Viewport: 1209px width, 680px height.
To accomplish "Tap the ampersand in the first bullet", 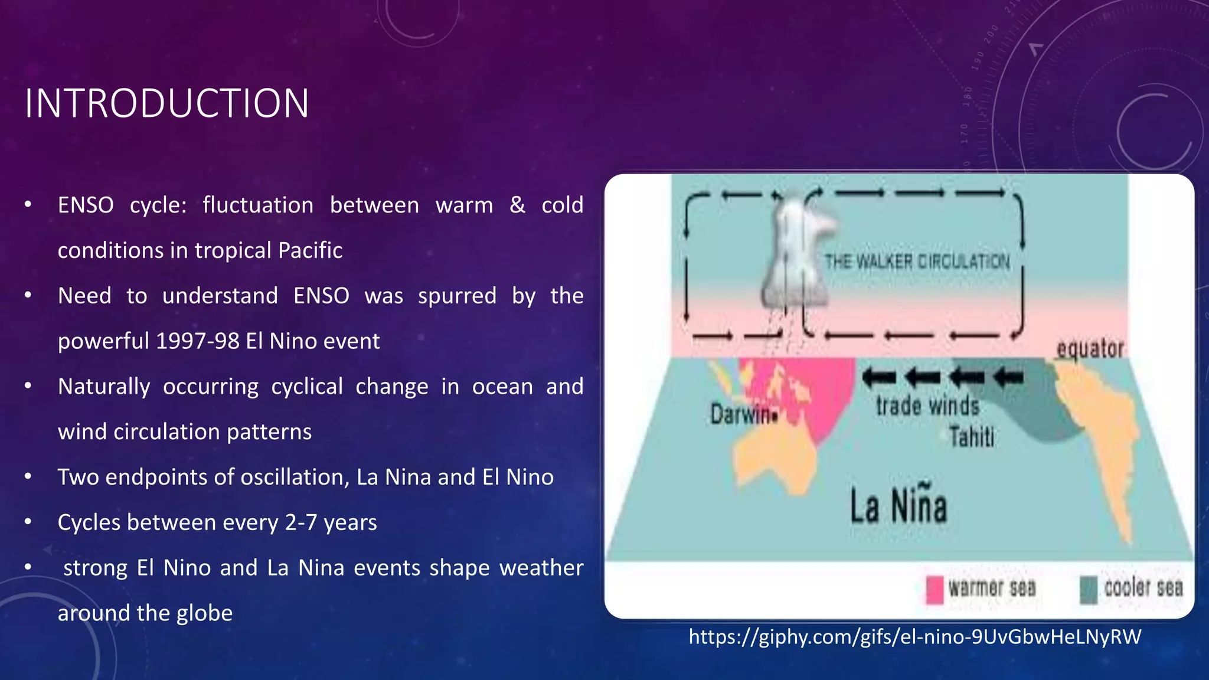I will pyautogui.click(x=517, y=205).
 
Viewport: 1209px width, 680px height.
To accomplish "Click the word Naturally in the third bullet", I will pyautogui.click(x=104, y=387).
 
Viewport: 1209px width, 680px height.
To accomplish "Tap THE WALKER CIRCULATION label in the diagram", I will pyautogui.click(x=917, y=261).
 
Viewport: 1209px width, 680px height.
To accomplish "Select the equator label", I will pyautogui.click(x=1090, y=349).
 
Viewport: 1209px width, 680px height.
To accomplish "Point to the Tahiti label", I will pyautogui.click(x=972, y=437).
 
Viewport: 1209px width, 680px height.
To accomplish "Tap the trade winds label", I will pyautogui.click(x=927, y=406).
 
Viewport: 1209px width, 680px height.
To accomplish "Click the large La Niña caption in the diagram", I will pyautogui.click(x=898, y=506).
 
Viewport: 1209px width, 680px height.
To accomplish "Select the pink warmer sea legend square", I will pyautogui.click(x=934, y=590).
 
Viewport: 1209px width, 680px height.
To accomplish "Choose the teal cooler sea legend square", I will pyautogui.click(x=1089, y=590).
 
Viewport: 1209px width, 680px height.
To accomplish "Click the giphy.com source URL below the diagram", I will pyautogui.click(x=914, y=637).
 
